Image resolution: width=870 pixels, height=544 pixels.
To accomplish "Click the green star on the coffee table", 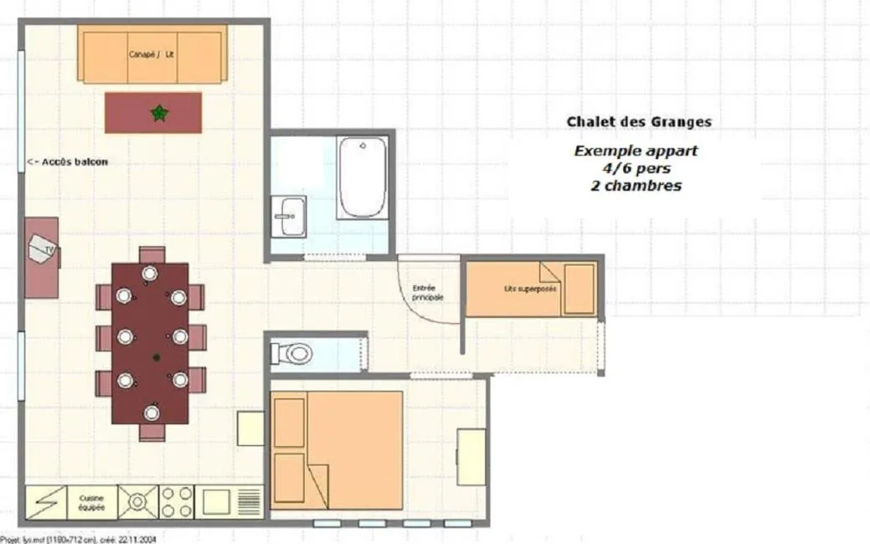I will coord(158,113).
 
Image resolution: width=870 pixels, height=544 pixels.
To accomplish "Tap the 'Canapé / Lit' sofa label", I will coord(152,55).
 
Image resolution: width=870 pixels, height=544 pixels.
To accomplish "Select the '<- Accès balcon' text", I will coord(68,162).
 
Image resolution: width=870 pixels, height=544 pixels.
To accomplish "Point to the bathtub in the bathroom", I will coord(362,177).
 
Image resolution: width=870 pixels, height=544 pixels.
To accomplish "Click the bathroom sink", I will coord(290,216).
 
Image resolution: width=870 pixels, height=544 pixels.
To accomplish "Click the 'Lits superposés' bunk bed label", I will coord(530,289).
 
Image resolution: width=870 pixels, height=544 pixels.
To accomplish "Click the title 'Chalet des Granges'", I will coord(638,121).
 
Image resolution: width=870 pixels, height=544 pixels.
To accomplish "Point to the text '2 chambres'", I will coord(635,186).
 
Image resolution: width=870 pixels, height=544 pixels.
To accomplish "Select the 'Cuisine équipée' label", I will coord(91,502).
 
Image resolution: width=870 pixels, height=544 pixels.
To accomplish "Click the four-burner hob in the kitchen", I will coord(177,501).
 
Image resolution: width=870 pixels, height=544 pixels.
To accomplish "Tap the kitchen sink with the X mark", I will coord(137,501).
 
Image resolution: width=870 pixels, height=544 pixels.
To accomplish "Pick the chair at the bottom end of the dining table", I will coord(152,432).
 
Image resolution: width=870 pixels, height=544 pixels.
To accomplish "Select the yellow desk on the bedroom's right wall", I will coord(471,457).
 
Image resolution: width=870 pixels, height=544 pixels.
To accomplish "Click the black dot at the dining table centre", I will coord(156,358).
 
